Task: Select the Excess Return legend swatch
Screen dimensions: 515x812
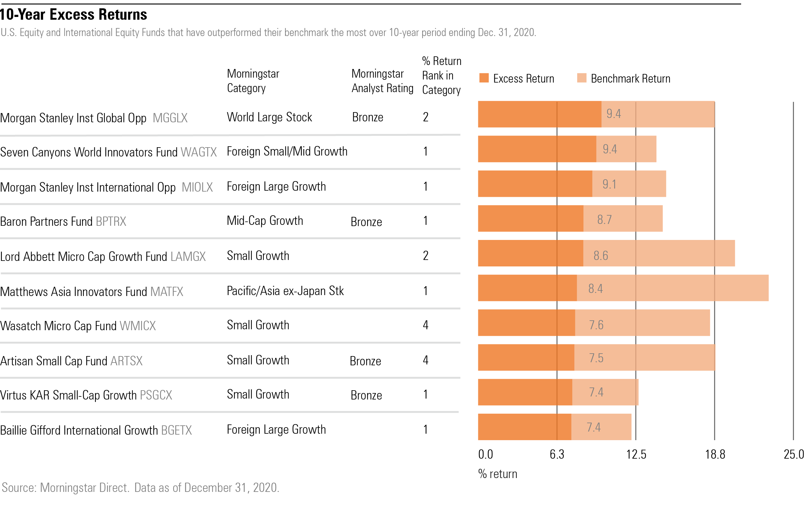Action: tap(484, 78)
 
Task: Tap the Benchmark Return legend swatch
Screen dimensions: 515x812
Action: tap(582, 78)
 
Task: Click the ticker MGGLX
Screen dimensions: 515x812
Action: tap(170, 118)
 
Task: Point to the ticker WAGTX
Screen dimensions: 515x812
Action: tap(199, 152)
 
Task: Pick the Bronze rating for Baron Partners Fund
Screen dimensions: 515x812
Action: tap(366, 222)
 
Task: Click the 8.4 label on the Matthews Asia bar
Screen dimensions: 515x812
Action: tap(595, 289)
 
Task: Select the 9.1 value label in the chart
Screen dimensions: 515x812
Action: tap(609, 185)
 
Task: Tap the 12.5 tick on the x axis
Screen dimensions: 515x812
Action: tap(636, 455)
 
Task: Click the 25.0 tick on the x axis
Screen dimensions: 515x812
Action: tap(794, 455)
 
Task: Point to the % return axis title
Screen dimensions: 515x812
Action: tap(497, 474)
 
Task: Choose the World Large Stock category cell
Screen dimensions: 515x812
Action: tap(269, 117)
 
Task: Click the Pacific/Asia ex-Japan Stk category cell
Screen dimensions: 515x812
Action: tap(285, 291)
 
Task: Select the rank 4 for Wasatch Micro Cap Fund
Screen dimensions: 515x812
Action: tap(426, 325)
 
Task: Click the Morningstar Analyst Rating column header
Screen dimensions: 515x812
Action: tap(382, 81)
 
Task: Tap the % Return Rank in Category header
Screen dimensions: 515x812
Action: tap(441, 75)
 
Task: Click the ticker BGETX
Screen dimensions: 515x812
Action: tap(176, 430)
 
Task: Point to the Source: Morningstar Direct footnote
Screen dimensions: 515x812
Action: tap(141, 488)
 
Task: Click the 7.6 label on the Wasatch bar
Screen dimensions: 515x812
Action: tap(596, 325)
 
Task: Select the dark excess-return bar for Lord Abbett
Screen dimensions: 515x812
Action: tap(530, 253)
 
